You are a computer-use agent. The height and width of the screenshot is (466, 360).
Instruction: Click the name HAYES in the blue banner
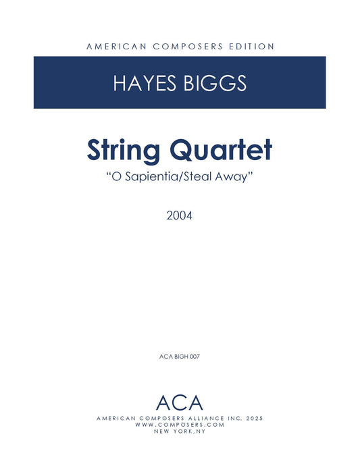143,84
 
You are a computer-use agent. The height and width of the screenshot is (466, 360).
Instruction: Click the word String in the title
124,150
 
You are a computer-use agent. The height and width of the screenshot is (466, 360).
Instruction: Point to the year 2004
180,217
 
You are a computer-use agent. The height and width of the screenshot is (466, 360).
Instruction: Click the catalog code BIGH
180,355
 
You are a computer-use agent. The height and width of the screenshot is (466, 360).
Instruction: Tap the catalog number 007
196,355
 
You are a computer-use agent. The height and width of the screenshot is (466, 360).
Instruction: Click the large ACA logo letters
180,403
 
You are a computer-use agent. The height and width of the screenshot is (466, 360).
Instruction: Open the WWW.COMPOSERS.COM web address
180,425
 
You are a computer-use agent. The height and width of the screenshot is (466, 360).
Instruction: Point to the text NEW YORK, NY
180,432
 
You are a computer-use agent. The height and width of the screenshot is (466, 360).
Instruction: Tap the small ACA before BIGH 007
164,355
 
